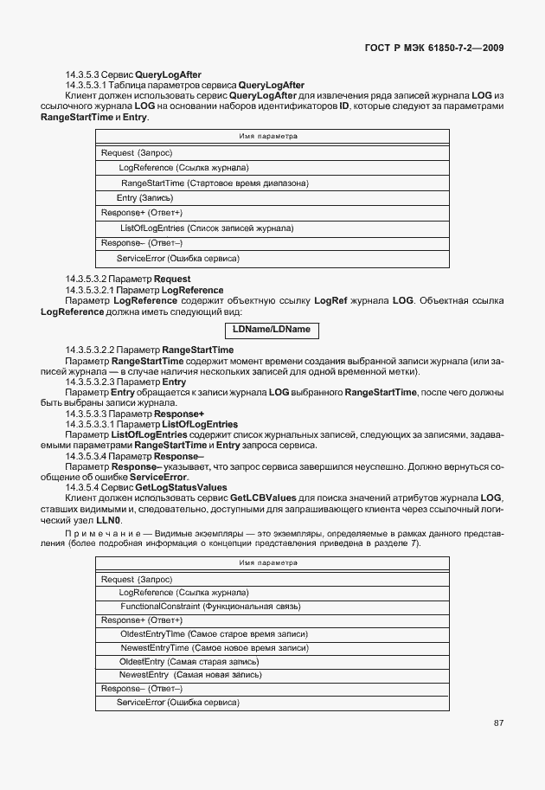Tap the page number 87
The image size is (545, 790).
(x=498, y=723)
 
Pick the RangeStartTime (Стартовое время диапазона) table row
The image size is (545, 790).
(x=215, y=183)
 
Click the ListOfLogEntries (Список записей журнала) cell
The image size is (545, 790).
(x=207, y=228)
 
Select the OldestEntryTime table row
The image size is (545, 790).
(x=214, y=634)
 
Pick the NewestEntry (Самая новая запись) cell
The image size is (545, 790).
(x=190, y=674)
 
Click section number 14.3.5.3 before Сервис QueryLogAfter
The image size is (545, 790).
(x=84, y=75)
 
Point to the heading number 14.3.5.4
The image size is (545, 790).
(x=84, y=488)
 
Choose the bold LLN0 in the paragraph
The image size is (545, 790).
(x=109, y=520)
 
